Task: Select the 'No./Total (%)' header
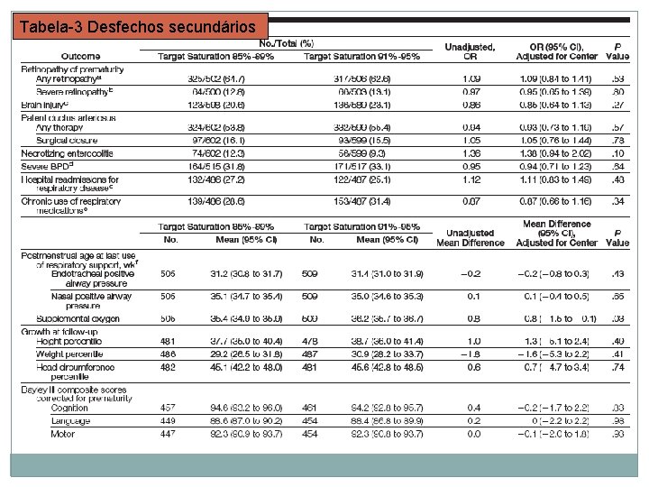pos(287,42)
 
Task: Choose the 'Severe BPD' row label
pos(49,166)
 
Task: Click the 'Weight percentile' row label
pos(70,354)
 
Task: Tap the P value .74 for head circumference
pos(617,367)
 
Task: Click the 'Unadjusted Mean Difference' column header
pos(470,237)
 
